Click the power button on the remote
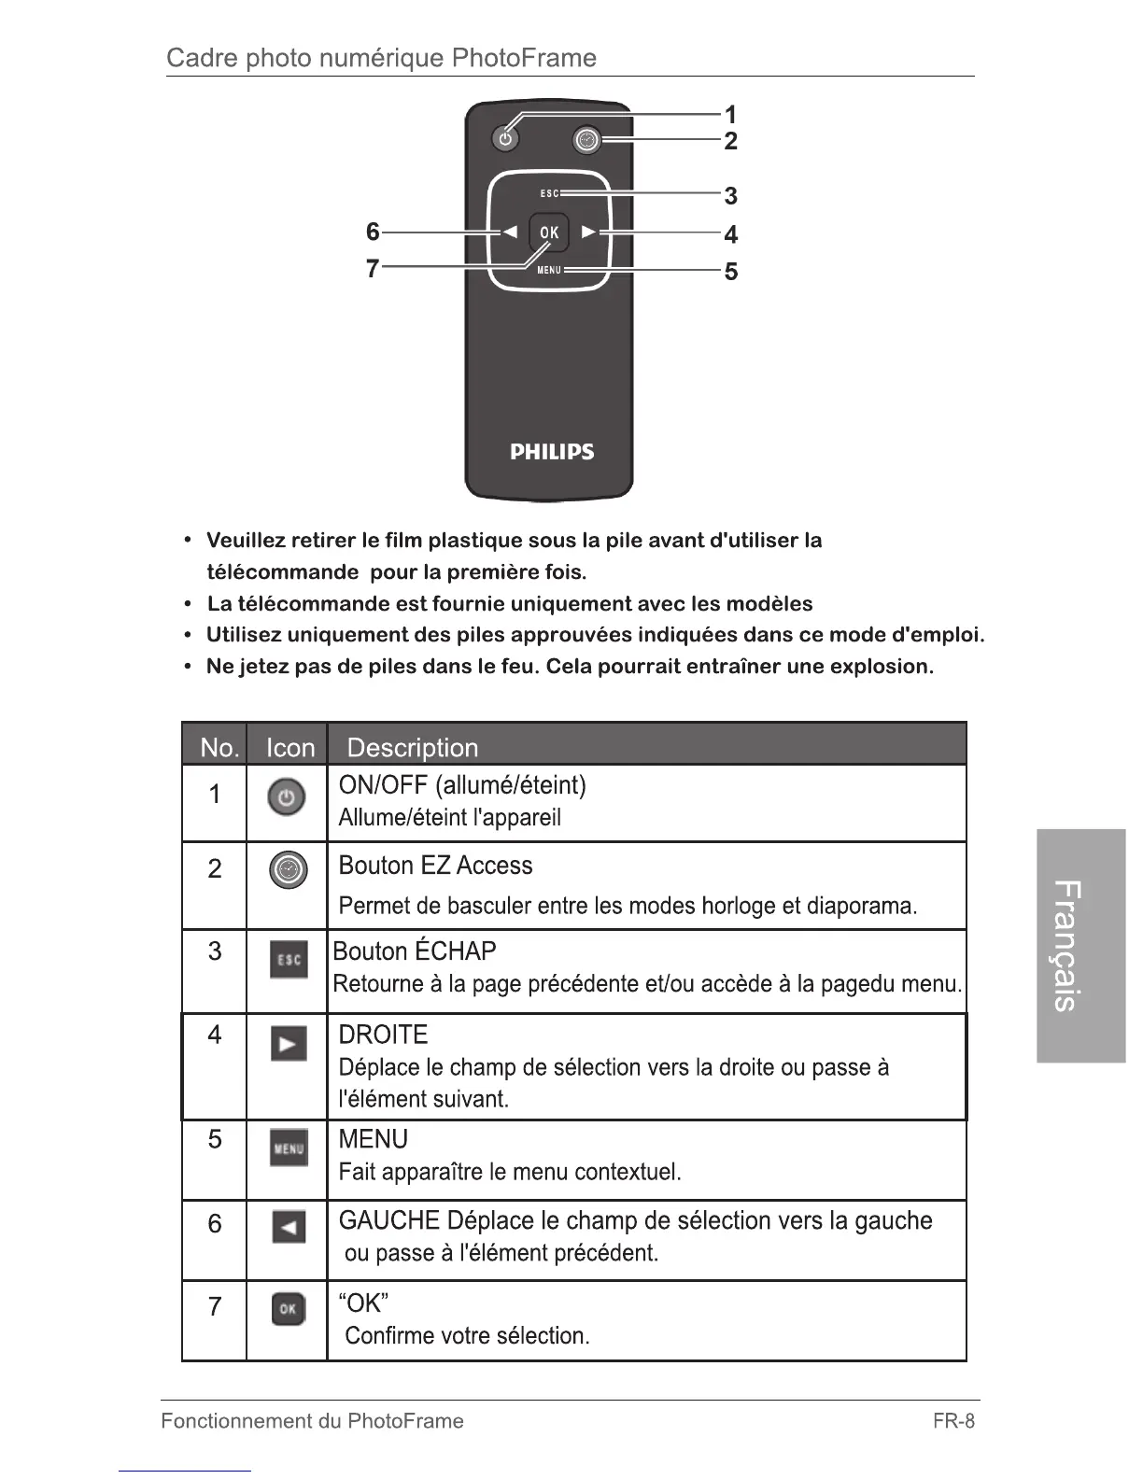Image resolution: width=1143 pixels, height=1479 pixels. (x=505, y=139)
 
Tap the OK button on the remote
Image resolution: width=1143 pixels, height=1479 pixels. (x=549, y=232)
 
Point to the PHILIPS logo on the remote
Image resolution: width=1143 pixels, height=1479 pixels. (x=552, y=452)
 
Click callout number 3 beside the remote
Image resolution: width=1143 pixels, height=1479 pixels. (x=730, y=196)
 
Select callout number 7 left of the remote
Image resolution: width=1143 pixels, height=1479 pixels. (x=373, y=269)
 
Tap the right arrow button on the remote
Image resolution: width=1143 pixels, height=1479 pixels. (x=588, y=232)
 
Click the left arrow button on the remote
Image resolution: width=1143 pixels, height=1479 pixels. (x=510, y=232)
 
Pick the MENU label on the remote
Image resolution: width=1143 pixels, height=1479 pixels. (x=549, y=270)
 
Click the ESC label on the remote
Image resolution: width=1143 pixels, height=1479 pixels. (x=549, y=194)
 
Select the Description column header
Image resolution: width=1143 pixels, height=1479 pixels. (x=412, y=748)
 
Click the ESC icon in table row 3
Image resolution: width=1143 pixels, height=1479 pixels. (x=289, y=960)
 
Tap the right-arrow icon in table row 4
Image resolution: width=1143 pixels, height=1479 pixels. (x=289, y=1043)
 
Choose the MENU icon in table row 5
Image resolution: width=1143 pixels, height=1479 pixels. (x=289, y=1148)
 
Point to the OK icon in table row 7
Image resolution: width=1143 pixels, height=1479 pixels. (x=288, y=1309)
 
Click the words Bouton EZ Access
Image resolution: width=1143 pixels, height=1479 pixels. (x=435, y=866)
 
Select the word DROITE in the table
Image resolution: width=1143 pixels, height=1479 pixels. (x=383, y=1035)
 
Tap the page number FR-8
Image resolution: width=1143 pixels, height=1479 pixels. (x=952, y=1421)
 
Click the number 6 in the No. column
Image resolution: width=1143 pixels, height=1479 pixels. (x=215, y=1223)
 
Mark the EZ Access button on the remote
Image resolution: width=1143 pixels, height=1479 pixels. (x=586, y=140)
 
